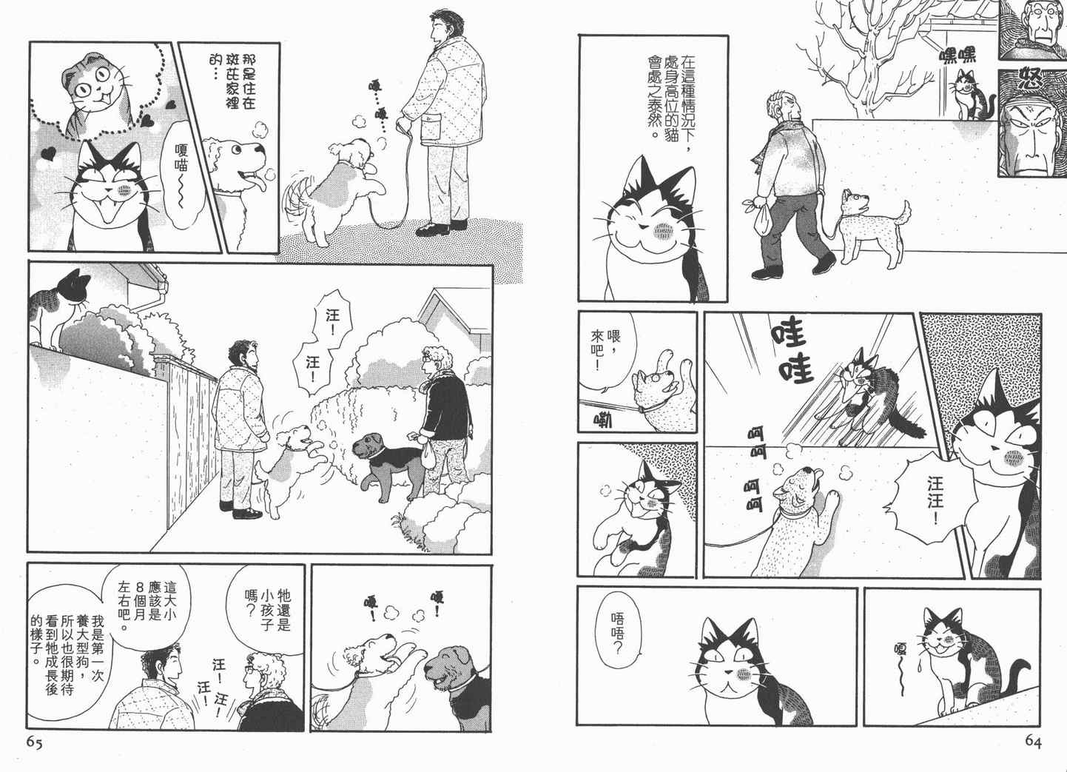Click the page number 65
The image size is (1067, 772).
click(34, 742)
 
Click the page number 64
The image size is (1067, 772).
click(1033, 742)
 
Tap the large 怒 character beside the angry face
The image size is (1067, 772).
click(1031, 80)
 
